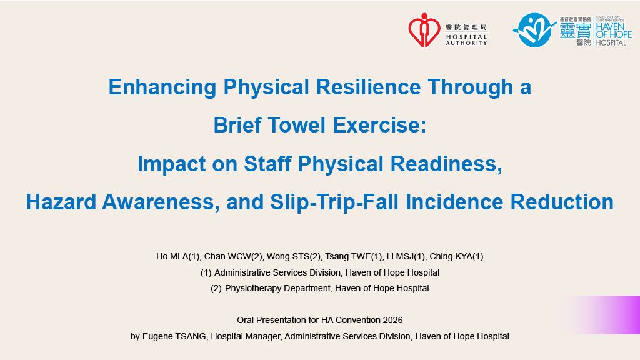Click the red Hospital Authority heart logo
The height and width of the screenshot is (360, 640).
point(424,30)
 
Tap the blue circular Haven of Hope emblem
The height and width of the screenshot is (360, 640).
point(534,30)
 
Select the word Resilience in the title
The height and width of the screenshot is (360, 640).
point(368,87)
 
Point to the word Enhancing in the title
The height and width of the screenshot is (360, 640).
point(162,87)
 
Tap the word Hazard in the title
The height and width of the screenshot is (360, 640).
point(61,202)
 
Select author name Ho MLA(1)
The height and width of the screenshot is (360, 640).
point(177,256)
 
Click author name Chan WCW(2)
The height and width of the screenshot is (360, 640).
point(233,256)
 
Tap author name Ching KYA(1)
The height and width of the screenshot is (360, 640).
point(456,256)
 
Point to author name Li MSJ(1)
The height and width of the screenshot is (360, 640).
point(404,256)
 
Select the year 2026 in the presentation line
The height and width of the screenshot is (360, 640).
point(392,320)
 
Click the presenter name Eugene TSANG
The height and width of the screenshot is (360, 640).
point(174,336)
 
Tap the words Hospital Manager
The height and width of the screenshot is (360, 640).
point(245,336)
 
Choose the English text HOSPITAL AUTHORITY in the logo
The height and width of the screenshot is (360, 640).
point(466,39)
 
